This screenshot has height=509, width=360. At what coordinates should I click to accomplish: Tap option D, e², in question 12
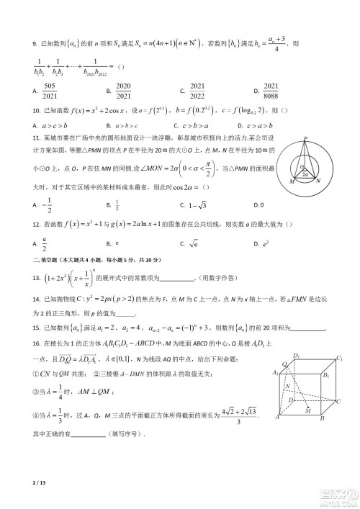[266, 244]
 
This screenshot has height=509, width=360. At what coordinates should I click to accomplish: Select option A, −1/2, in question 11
[48, 204]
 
